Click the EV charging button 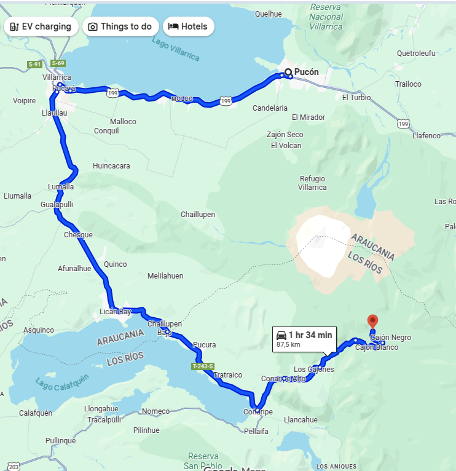coord(41,26)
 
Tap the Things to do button coord(120,26)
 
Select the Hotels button coord(189,26)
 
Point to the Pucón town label coord(306,72)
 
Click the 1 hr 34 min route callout coord(304,339)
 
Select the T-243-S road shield coord(202,366)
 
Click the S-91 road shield coord(35,64)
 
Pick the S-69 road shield coord(58,63)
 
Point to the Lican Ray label coord(115,312)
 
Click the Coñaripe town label coord(257,411)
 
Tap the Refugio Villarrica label coord(312,183)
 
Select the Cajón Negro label coord(391,338)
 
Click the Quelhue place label coord(268,14)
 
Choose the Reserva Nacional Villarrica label coord(326,17)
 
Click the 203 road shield coord(14,467)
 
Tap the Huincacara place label coord(111,166)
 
